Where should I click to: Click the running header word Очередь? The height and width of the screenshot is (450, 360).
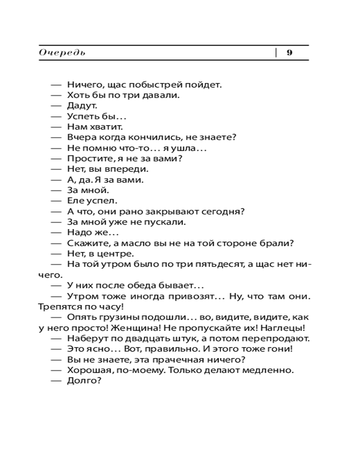pyautogui.click(x=62, y=53)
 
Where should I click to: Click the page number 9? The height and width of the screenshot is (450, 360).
pyautogui.click(x=290, y=53)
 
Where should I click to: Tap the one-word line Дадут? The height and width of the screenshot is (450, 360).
pyautogui.click(x=82, y=106)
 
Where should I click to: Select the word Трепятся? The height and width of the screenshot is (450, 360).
pyautogui.click(x=57, y=307)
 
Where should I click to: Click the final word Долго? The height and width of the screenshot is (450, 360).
pyautogui.click(x=84, y=381)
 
